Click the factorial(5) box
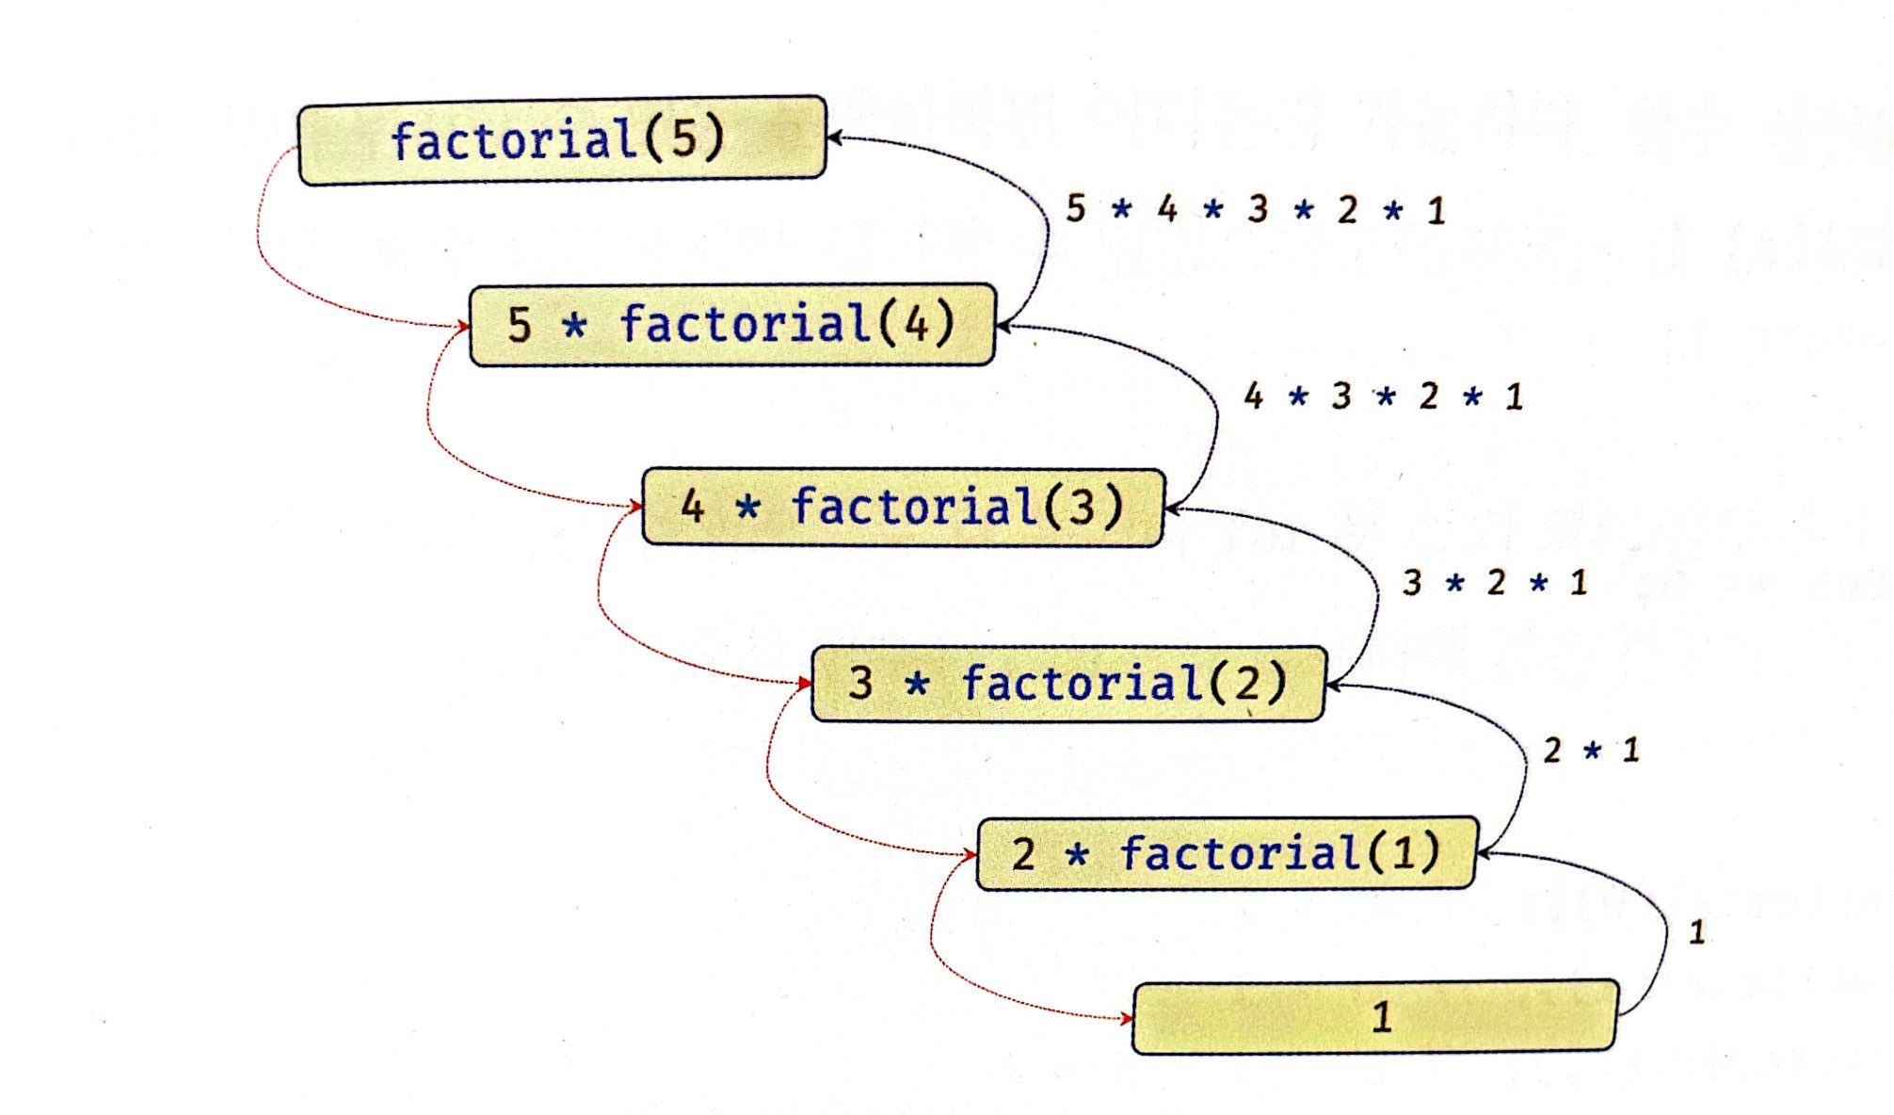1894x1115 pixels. click(x=562, y=140)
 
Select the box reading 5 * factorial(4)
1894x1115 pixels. click(x=731, y=325)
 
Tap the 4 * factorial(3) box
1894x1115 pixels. click(x=903, y=507)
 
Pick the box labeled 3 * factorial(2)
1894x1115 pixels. click(x=1067, y=684)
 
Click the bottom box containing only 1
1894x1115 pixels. click(x=1374, y=1017)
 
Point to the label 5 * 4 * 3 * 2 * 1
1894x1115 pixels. click(x=1255, y=209)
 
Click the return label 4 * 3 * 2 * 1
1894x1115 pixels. click(x=1383, y=396)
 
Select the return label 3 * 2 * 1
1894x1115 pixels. click(x=1495, y=583)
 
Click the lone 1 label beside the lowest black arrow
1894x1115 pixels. click(x=1697, y=933)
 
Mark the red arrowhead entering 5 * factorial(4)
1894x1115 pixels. click(x=463, y=327)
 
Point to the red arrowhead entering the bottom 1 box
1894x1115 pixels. click(x=1127, y=1018)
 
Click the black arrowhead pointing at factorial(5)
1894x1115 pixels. click(x=834, y=138)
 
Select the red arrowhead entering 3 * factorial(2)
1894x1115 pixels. click(x=805, y=684)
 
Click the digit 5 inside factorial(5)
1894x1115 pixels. click(x=684, y=139)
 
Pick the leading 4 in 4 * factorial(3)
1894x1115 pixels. click(x=693, y=508)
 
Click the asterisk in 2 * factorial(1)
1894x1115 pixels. click(x=1077, y=855)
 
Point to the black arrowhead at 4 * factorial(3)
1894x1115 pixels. click(x=1172, y=509)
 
